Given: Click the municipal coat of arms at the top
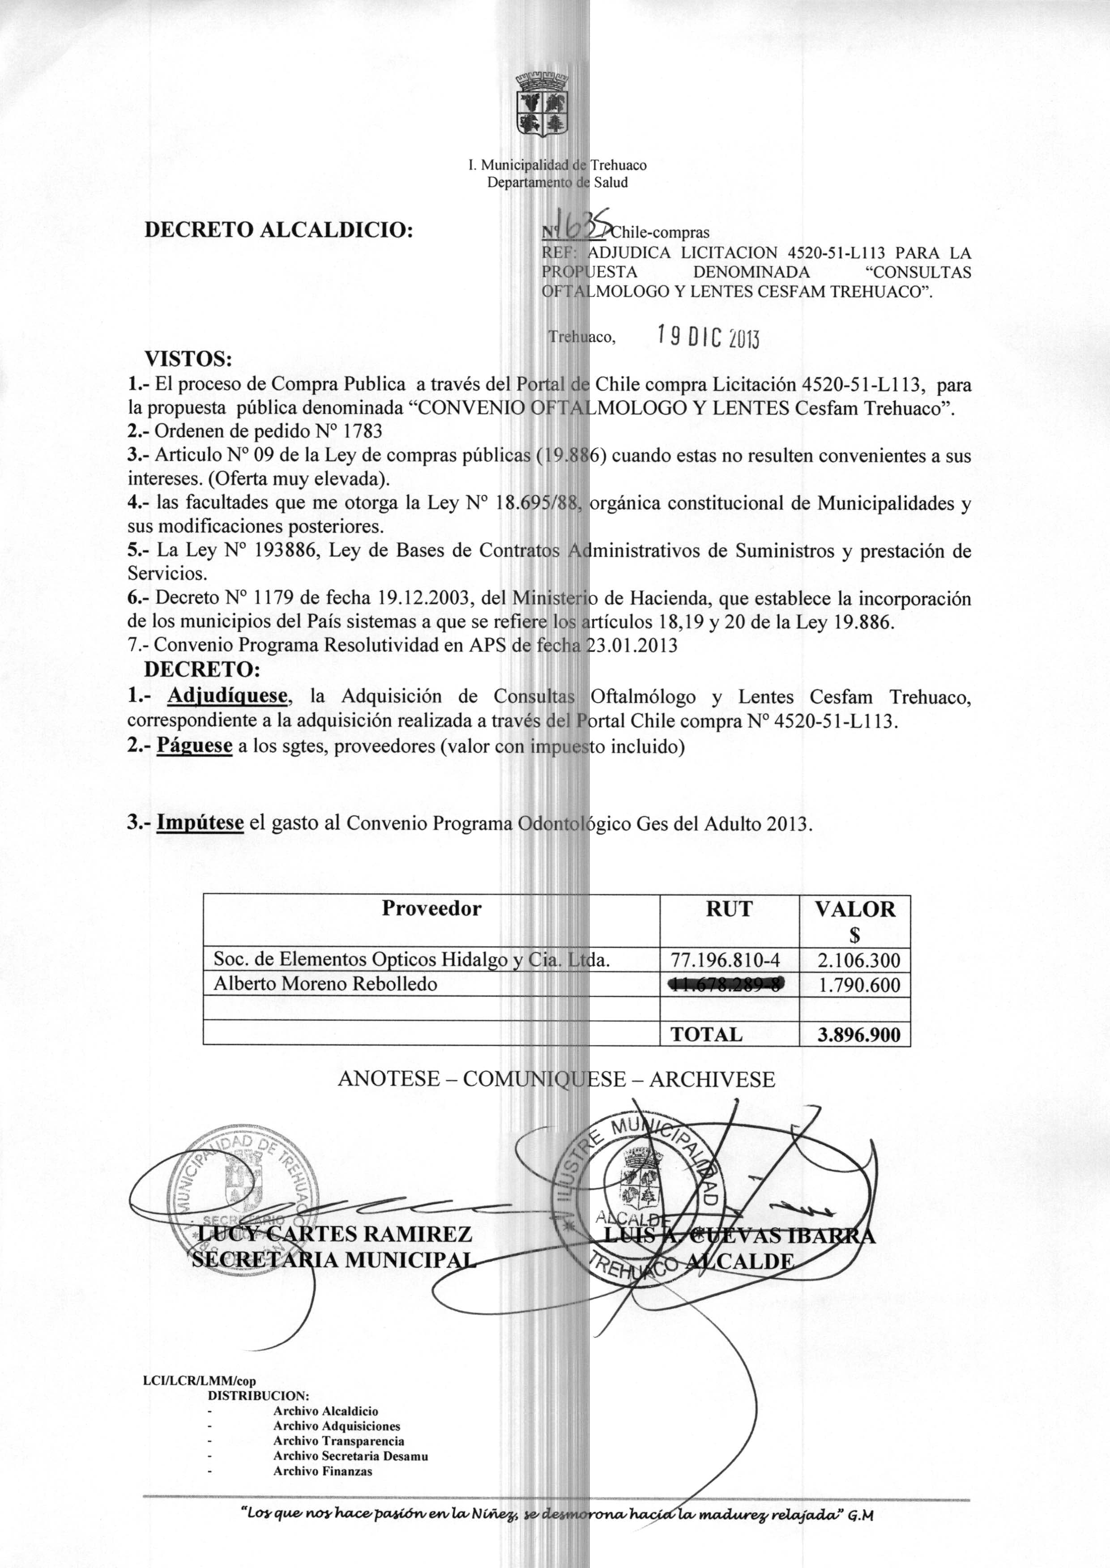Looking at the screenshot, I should pos(543,105).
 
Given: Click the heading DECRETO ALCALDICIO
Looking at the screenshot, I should pos(279,229).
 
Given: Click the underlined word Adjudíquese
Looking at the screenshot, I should pos(228,696).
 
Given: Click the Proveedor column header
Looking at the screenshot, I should pos(431,909).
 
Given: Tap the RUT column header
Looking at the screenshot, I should pos(729,909).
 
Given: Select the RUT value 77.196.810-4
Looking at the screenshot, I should pos(729,961).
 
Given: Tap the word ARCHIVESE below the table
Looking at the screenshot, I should pos(712,1079).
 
